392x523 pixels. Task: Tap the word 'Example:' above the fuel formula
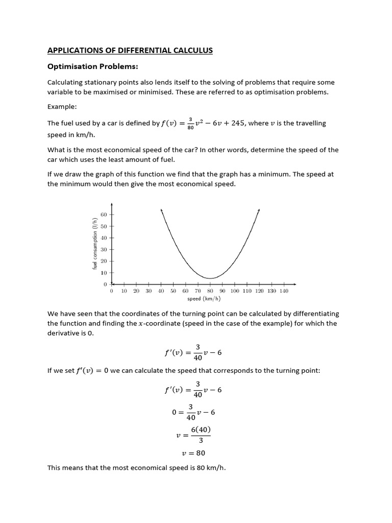click(x=62, y=107)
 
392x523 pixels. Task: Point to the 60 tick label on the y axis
click(x=104, y=215)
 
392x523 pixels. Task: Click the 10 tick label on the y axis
click(x=104, y=273)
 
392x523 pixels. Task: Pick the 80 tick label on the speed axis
click(x=210, y=291)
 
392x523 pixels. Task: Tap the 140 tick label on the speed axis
click(x=284, y=291)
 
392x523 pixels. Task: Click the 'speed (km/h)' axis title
click(x=204, y=298)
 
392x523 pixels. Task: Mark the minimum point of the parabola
click(x=210, y=278)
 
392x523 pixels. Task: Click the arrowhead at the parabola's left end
click(x=161, y=210)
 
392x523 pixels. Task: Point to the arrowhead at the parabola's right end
click(x=259, y=210)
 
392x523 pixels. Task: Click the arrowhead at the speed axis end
click(x=294, y=284)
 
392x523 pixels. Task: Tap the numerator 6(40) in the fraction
click(x=201, y=430)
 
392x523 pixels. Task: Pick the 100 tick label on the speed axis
click(x=235, y=291)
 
